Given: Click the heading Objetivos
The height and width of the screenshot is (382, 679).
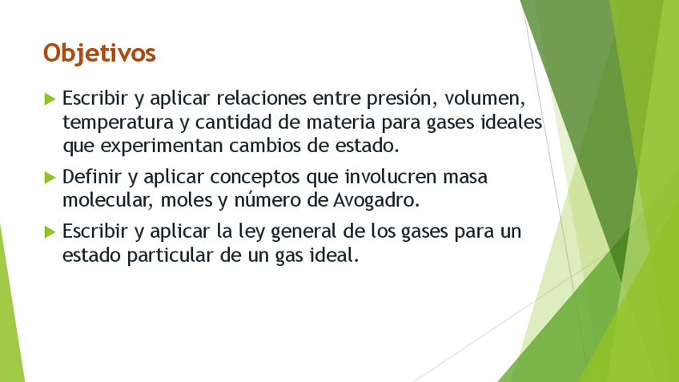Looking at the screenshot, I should point(99,52).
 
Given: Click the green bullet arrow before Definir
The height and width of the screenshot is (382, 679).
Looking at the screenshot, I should point(50,176).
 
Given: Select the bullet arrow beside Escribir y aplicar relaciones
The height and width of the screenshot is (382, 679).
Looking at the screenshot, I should point(50,99).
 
